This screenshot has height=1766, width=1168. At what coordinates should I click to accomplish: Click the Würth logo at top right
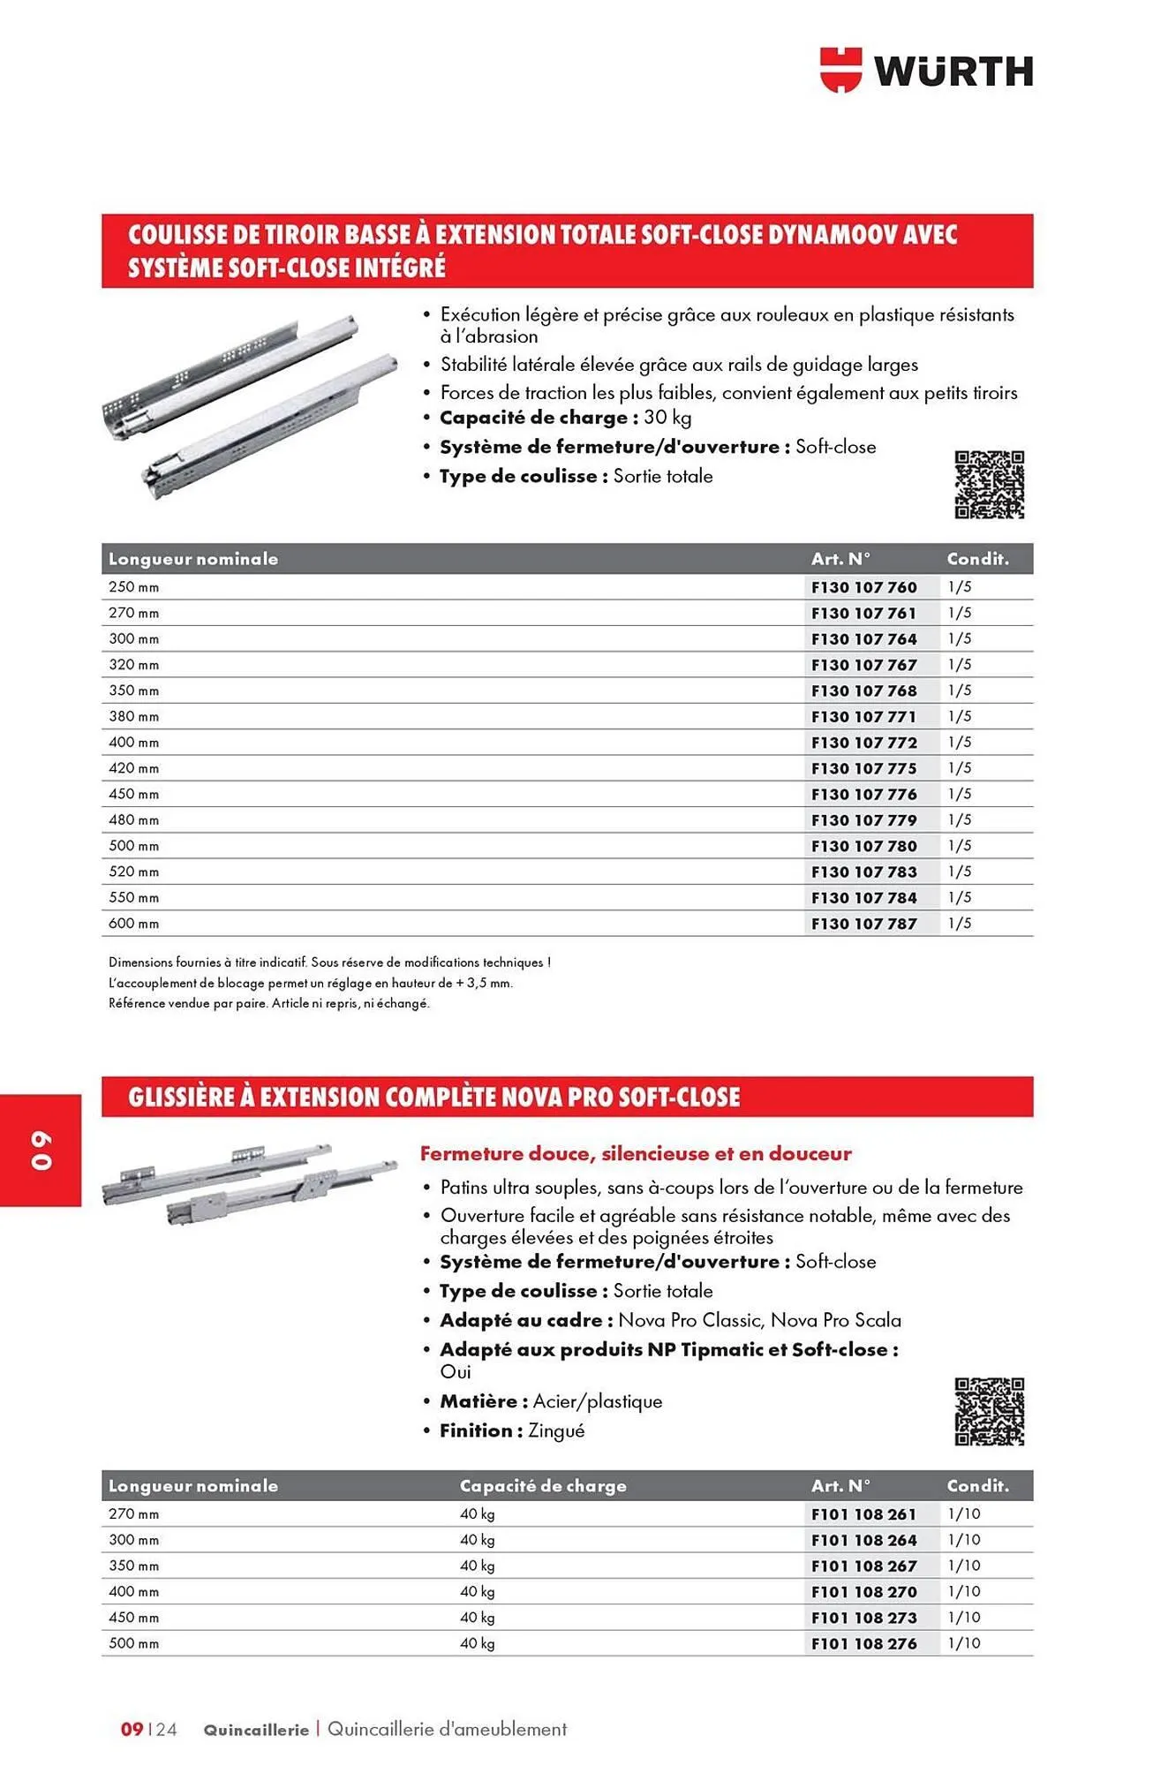pyautogui.click(x=926, y=71)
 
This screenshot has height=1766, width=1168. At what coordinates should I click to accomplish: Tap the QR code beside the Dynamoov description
pyautogui.click(x=989, y=484)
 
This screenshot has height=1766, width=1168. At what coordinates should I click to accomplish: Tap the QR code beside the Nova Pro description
pyautogui.click(x=989, y=1411)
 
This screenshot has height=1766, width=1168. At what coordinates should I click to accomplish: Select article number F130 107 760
pyautogui.click(x=863, y=587)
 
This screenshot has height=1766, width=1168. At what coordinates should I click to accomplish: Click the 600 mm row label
pyautogui.click(x=134, y=924)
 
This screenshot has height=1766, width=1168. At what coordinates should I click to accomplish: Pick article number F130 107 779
pyautogui.click(x=863, y=820)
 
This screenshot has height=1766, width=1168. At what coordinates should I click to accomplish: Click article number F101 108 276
pyautogui.click(x=863, y=1644)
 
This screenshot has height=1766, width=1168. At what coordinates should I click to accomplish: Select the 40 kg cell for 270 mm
pyautogui.click(x=477, y=1514)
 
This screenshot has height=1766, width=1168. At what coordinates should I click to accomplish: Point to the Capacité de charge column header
pyautogui.click(x=543, y=1486)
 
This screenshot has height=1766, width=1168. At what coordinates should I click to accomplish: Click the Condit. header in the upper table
pyautogui.click(x=977, y=559)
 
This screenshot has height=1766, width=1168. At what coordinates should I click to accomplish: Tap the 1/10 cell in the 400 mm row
pyautogui.click(x=964, y=1592)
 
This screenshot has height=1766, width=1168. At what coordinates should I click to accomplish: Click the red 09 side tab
pyautogui.click(x=41, y=1150)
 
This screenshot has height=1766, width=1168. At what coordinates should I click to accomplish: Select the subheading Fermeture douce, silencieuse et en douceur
pyautogui.click(x=636, y=1153)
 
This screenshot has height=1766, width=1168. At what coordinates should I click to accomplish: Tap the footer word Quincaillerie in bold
pyautogui.click(x=256, y=1730)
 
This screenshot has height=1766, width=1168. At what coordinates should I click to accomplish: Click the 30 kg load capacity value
pyautogui.click(x=667, y=418)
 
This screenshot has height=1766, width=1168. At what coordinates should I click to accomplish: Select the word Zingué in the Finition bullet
pyautogui.click(x=556, y=1430)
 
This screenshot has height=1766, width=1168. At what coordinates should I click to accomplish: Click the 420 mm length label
pyautogui.click(x=134, y=768)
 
